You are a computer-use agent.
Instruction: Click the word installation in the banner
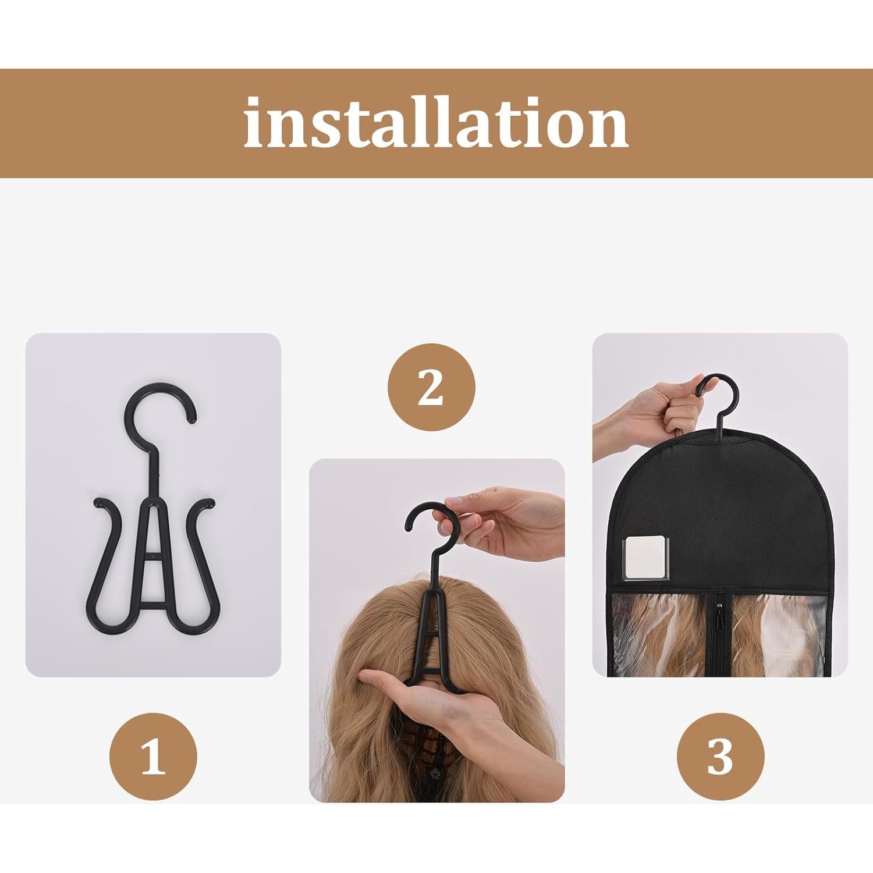tap(436, 123)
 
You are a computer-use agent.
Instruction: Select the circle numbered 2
tap(431, 387)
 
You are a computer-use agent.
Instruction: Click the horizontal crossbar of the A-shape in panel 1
tap(153, 557)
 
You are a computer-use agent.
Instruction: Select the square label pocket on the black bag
tap(646, 558)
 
